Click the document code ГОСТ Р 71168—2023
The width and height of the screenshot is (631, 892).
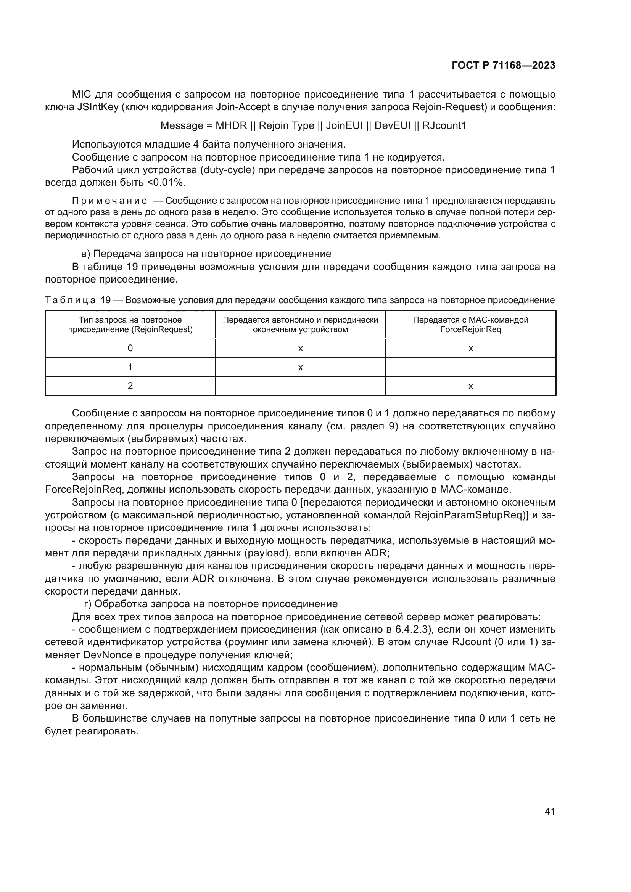pyautogui.click(x=504, y=65)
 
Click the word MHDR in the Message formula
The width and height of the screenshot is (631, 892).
pyautogui.click(x=231, y=125)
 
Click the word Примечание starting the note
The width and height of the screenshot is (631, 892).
pyautogui.click(x=109, y=201)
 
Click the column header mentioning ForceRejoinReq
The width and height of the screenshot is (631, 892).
pyautogui.click(x=470, y=325)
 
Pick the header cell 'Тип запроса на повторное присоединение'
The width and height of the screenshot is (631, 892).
pyautogui.click(x=130, y=325)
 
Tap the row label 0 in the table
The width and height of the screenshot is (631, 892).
pyautogui.click(x=130, y=348)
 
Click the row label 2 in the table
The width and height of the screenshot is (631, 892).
pyautogui.click(x=130, y=386)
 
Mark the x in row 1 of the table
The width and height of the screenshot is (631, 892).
pyautogui.click(x=300, y=367)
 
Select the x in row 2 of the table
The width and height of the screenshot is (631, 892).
pyautogui.click(x=470, y=386)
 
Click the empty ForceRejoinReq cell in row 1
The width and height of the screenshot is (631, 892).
pyautogui.click(x=470, y=367)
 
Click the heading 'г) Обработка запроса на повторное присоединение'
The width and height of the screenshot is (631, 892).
pyautogui.click(x=211, y=604)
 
